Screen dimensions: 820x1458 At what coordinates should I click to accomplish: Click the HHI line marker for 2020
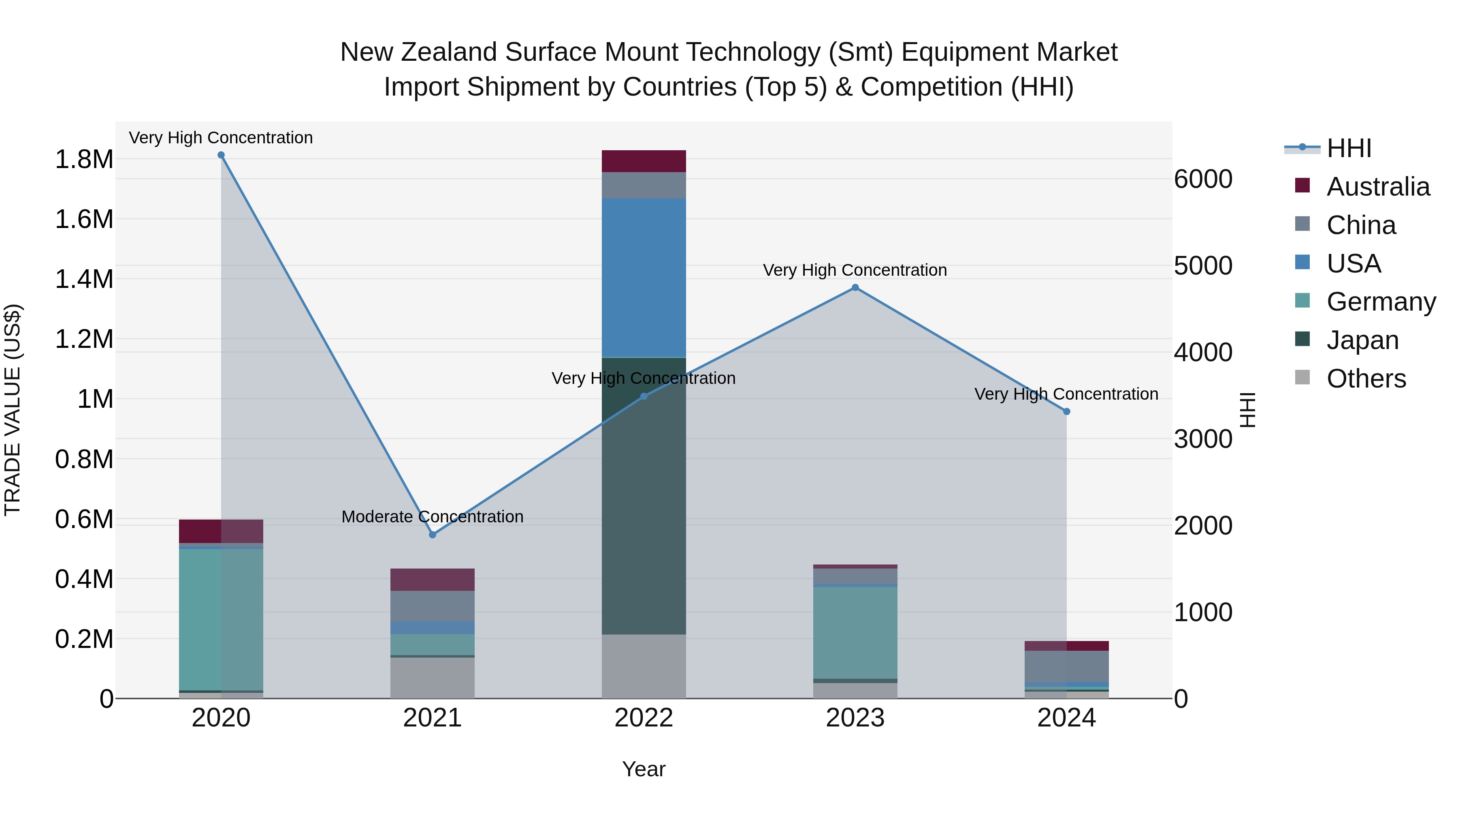tap(221, 155)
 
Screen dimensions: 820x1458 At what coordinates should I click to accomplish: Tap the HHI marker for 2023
tap(855, 288)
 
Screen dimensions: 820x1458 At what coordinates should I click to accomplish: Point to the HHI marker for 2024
tap(1067, 411)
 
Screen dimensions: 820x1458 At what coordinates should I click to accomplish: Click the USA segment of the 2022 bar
tap(644, 277)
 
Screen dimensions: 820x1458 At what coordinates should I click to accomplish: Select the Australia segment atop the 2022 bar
tap(644, 161)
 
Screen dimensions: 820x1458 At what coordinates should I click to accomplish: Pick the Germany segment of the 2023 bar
tap(855, 632)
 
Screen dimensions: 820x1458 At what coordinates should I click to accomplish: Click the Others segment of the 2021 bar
tap(433, 677)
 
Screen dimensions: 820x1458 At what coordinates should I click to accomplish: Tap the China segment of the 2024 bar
tap(1067, 667)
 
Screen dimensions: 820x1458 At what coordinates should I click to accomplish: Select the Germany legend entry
tap(1381, 302)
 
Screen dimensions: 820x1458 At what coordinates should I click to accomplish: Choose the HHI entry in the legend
tap(1349, 148)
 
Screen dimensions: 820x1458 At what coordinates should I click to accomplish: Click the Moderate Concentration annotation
tap(433, 517)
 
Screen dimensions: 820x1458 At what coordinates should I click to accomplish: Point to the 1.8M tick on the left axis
tap(84, 160)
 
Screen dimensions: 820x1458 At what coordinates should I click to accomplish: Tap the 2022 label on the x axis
tap(644, 718)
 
